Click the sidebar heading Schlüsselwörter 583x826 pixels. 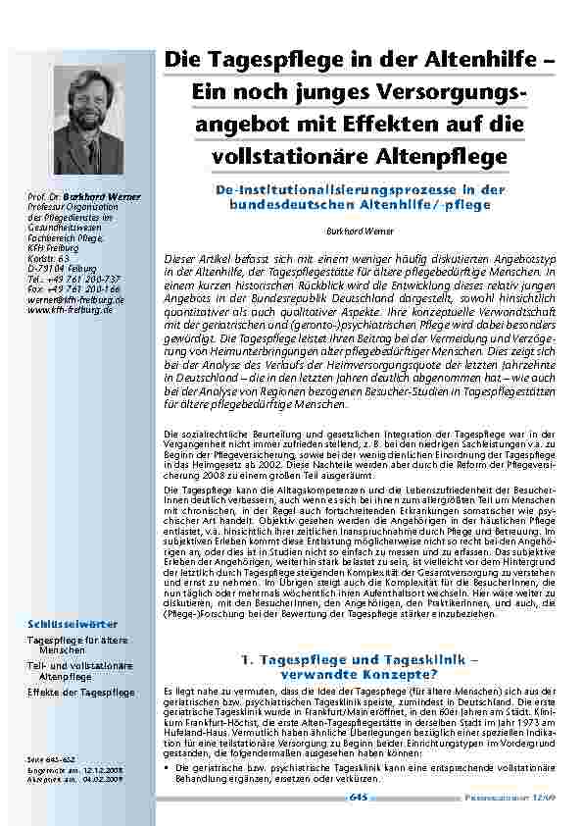(x=73, y=624)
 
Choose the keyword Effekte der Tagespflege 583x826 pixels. (x=81, y=693)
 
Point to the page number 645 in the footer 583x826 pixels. (x=357, y=799)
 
